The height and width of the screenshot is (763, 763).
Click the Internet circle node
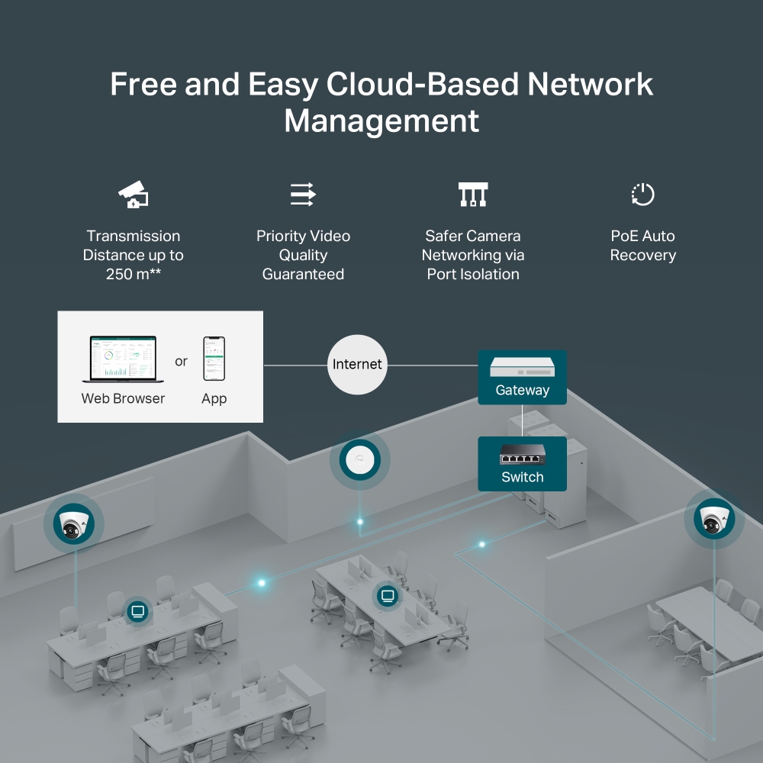click(x=357, y=365)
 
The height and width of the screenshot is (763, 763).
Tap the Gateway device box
click(x=523, y=377)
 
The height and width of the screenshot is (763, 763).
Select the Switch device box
click(x=523, y=464)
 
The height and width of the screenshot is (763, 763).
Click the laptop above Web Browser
click(x=119, y=359)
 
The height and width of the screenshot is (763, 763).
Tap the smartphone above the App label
click(x=214, y=359)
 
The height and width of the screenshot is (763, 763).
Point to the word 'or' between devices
click(x=181, y=361)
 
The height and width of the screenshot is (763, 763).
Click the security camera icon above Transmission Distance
click(x=134, y=195)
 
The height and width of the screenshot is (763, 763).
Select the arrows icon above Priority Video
click(x=303, y=195)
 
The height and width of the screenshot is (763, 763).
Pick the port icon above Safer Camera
click(x=472, y=195)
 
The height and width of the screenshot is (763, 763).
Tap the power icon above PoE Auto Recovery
click(x=642, y=195)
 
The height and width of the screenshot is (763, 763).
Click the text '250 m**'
click(x=134, y=274)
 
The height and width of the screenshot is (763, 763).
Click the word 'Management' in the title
click(x=381, y=121)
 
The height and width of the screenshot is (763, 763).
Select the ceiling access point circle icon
click(x=359, y=461)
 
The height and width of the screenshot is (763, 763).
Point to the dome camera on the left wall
click(x=74, y=523)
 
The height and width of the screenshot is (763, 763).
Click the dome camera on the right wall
click(x=715, y=519)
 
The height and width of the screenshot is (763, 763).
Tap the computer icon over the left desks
click(x=137, y=610)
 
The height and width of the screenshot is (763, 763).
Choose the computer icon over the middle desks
click(x=387, y=595)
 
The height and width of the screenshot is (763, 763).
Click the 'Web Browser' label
click(x=123, y=398)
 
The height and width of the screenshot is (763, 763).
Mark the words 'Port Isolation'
click(x=473, y=274)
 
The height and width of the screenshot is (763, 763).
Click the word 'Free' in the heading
click(x=143, y=84)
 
